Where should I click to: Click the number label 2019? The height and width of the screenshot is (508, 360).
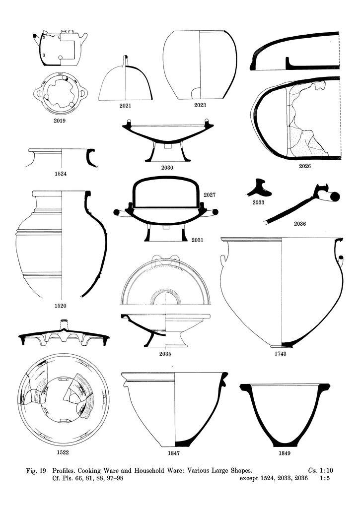60,121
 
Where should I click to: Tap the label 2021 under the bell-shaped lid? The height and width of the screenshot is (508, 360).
125,105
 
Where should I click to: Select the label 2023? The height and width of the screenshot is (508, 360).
200,105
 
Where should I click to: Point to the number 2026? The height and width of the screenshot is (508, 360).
305,166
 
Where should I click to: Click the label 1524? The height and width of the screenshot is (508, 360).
61,174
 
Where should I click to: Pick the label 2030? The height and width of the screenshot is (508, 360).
167,168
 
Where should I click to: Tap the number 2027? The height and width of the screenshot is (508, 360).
210,195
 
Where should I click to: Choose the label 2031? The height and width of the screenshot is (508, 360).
197,240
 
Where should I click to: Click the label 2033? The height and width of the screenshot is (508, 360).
259,202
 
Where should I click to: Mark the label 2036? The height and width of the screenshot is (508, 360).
300,224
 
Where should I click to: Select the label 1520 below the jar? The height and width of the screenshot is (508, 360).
60,306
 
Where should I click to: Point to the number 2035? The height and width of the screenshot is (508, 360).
165,354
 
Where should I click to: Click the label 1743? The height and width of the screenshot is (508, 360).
280,354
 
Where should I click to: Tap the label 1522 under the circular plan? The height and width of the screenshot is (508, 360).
63,452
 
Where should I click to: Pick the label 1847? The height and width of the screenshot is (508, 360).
174,453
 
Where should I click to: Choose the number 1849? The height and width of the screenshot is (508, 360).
285,453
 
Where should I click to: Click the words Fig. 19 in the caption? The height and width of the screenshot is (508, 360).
36,471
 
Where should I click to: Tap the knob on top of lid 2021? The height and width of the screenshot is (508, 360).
126,61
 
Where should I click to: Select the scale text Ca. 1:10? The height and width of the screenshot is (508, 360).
321,471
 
